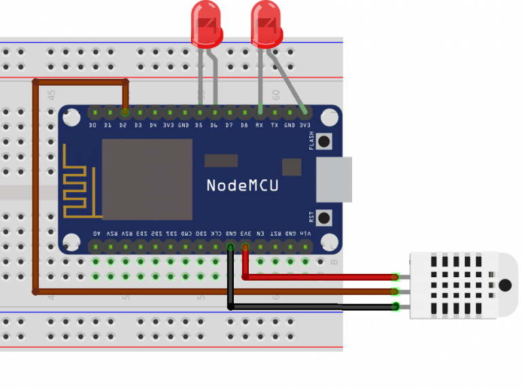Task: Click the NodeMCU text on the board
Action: pyautogui.click(x=242, y=185)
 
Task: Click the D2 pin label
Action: pyautogui.click(x=123, y=125)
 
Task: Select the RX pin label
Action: pyautogui.click(x=260, y=125)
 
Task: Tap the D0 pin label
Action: pyautogui.click(x=93, y=125)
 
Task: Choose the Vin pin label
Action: pyautogui.click(x=305, y=233)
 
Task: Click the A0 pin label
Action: pyautogui.click(x=95, y=233)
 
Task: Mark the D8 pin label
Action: pyautogui.click(x=244, y=125)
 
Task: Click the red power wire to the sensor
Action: pyautogui.click(x=319, y=277)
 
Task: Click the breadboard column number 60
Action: pyautogui.click(x=276, y=94)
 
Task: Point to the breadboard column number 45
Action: pyautogui.click(x=52, y=94)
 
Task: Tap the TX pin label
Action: pyautogui.click(x=275, y=125)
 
